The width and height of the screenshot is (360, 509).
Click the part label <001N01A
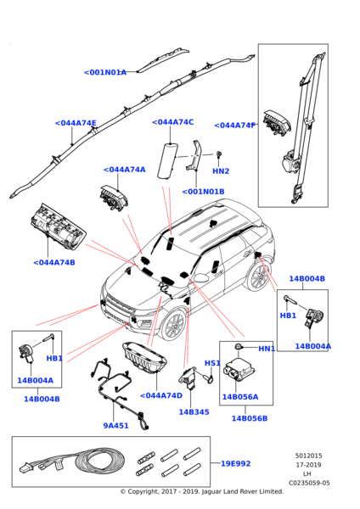click(x=105, y=72)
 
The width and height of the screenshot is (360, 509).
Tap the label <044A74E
click(x=76, y=123)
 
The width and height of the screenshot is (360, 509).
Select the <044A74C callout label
click(x=173, y=122)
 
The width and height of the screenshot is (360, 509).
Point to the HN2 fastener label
click(x=221, y=171)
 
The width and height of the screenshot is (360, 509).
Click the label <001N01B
click(x=203, y=192)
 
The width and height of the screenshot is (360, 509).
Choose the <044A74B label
click(x=54, y=262)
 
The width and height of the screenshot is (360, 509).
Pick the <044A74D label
click(x=161, y=395)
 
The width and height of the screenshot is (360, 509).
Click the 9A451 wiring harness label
click(x=116, y=425)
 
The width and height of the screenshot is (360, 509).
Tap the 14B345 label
click(x=194, y=412)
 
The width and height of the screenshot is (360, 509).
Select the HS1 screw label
click(x=212, y=363)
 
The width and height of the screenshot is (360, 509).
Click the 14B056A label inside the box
click(x=240, y=397)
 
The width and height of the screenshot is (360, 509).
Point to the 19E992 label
click(x=235, y=463)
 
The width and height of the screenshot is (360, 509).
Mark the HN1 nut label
click(x=267, y=349)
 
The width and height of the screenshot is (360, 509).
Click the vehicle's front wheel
click(x=174, y=325)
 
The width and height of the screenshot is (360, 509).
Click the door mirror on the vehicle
click(x=202, y=277)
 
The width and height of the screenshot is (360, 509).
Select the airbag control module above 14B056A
click(x=239, y=369)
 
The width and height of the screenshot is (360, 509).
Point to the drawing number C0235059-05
click(x=309, y=483)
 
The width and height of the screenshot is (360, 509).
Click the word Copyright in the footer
click(x=143, y=491)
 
